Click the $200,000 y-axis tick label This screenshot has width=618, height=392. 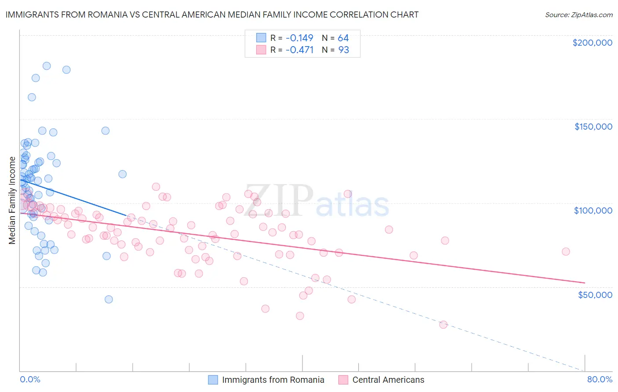point(592,43)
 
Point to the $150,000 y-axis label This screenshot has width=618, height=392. point(593,127)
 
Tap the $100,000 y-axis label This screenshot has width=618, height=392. point(593,211)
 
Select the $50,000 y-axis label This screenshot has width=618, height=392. point(595,294)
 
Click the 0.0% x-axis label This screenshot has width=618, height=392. point(30,379)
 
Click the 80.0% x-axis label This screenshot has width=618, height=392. point(600,379)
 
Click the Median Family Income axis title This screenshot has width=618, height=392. point(12,200)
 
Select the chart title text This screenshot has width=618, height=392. point(212,15)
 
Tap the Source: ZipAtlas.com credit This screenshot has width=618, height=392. point(578,15)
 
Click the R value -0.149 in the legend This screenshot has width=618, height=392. point(299,38)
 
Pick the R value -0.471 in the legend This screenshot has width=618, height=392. point(299,50)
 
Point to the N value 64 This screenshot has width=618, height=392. point(343,38)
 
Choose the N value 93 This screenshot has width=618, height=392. point(343,50)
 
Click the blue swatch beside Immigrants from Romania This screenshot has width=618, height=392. point(213,380)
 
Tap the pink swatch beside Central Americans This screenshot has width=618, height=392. point(343,380)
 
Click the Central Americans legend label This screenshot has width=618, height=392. point(388,380)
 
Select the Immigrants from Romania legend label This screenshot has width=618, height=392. point(273,380)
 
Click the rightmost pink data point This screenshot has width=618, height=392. point(566,252)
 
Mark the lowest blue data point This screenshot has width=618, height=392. point(109,299)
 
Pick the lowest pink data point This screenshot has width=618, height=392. point(443,325)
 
